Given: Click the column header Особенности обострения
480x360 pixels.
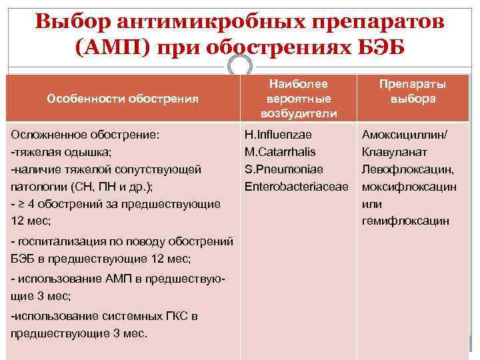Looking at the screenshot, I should tap(123, 99).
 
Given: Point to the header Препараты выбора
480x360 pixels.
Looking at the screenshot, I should tap(413, 91).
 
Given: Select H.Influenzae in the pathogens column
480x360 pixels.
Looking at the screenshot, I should tap(273, 135).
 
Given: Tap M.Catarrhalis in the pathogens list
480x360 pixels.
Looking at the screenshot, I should tap(280, 152).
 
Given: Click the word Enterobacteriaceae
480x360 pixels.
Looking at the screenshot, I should tap(297, 186).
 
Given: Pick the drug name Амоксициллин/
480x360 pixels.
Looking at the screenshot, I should tap(405, 135).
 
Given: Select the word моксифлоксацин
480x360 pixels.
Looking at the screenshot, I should tap(409, 186).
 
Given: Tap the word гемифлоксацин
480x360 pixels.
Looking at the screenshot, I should tap(405, 221).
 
